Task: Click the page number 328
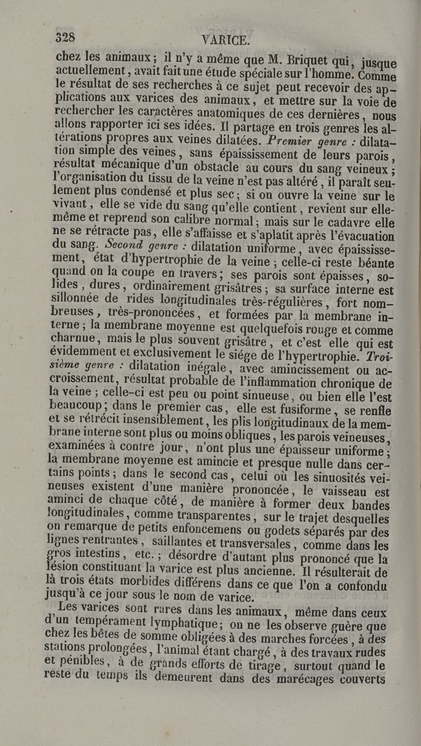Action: [65, 37]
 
